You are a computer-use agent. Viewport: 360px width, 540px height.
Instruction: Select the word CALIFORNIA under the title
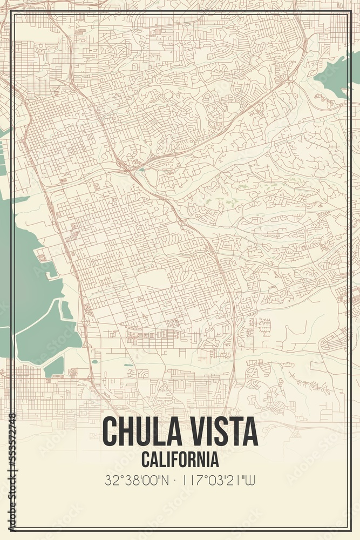pyautogui.click(x=180, y=460)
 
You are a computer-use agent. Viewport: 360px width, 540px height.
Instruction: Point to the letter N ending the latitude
pyautogui.click(x=169, y=480)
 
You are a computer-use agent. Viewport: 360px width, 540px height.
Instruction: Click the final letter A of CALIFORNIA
pyautogui.click(x=215, y=460)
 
